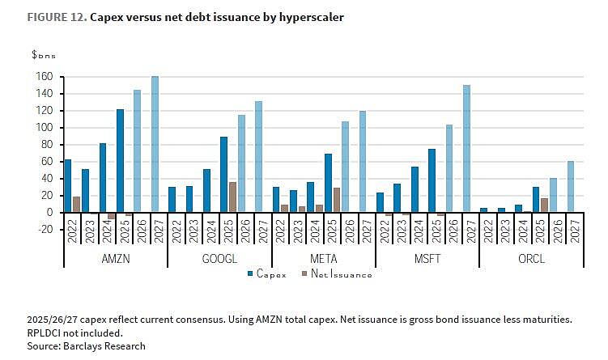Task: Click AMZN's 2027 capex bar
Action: (x=155, y=144)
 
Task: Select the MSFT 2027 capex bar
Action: (x=466, y=148)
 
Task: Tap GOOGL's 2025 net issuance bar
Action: (x=232, y=197)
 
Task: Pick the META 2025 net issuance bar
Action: (x=337, y=200)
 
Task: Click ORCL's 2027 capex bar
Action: (x=571, y=186)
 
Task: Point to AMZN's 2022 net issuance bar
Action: (x=76, y=204)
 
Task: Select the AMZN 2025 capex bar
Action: (x=120, y=160)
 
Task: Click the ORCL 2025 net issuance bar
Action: (x=544, y=205)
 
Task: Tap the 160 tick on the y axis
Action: (x=45, y=76)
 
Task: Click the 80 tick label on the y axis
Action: (x=47, y=145)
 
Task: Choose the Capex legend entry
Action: (x=267, y=274)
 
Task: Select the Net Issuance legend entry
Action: (x=337, y=274)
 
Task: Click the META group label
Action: (x=324, y=258)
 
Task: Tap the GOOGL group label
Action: (x=219, y=258)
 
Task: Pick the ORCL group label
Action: (x=532, y=258)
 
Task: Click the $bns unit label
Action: (x=44, y=55)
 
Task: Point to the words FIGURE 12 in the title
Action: (x=57, y=18)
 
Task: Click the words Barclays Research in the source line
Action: (x=104, y=346)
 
